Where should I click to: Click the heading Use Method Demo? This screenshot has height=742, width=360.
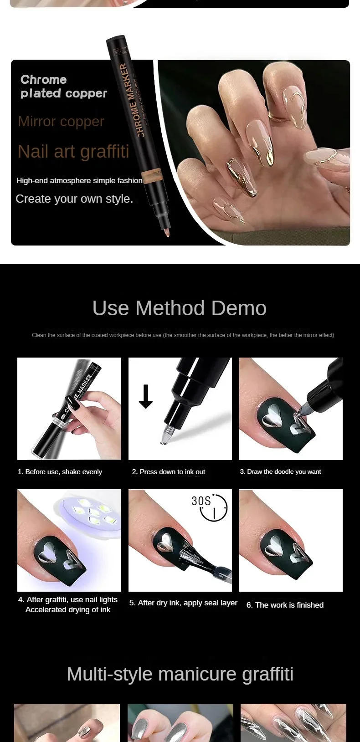[x=179, y=308]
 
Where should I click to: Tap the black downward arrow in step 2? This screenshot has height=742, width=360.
[x=146, y=396]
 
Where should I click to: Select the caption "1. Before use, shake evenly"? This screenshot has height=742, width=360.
[x=60, y=472]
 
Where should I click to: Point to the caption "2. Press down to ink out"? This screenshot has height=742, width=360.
[x=169, y=472]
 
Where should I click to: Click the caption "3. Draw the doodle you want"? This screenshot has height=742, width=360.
[x=280, y=471]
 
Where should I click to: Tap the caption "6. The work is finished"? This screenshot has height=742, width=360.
[x=285, y=605]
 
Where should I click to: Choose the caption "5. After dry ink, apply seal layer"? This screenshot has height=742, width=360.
[x=183, y=603]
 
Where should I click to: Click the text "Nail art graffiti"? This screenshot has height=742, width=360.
[x=73, y=151]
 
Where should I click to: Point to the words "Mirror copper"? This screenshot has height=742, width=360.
[x=61, y=122]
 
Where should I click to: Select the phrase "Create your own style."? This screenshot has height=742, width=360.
[x=74, y=199]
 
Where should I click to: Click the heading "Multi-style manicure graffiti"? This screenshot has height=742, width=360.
[x=180, y=674]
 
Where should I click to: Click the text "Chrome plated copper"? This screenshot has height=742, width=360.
[x=63, y=87]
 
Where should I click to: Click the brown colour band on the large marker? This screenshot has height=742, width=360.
[x=152, y=177]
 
